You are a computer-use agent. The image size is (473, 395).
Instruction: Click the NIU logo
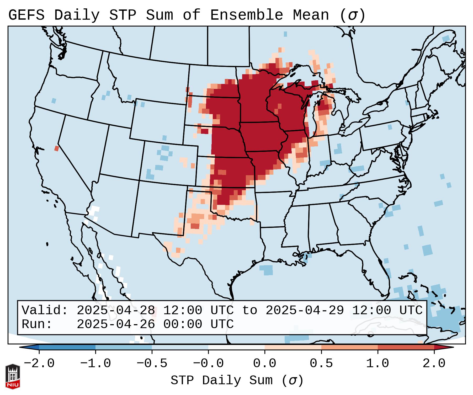13,376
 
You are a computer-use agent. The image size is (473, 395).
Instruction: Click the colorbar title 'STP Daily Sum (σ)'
237,381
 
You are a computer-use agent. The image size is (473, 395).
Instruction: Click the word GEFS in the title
26,15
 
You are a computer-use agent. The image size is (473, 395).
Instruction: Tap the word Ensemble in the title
247,15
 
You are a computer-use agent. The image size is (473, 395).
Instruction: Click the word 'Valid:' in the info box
45,311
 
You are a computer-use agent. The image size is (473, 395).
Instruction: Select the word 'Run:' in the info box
37,324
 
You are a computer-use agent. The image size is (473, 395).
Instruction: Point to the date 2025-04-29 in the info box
305,311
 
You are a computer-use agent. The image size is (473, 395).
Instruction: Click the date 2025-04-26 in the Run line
116,324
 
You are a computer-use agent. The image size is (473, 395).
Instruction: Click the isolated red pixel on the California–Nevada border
56,148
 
